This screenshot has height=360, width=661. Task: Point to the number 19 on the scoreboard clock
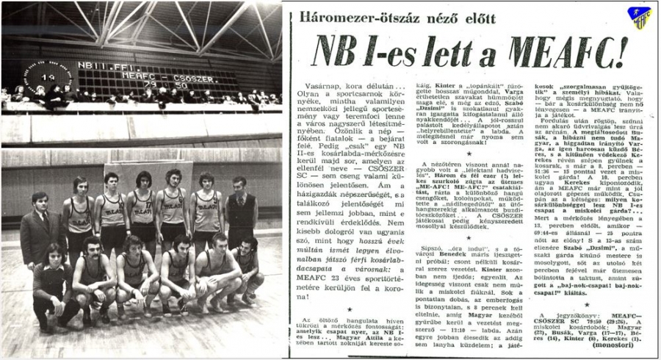point(48,77)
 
